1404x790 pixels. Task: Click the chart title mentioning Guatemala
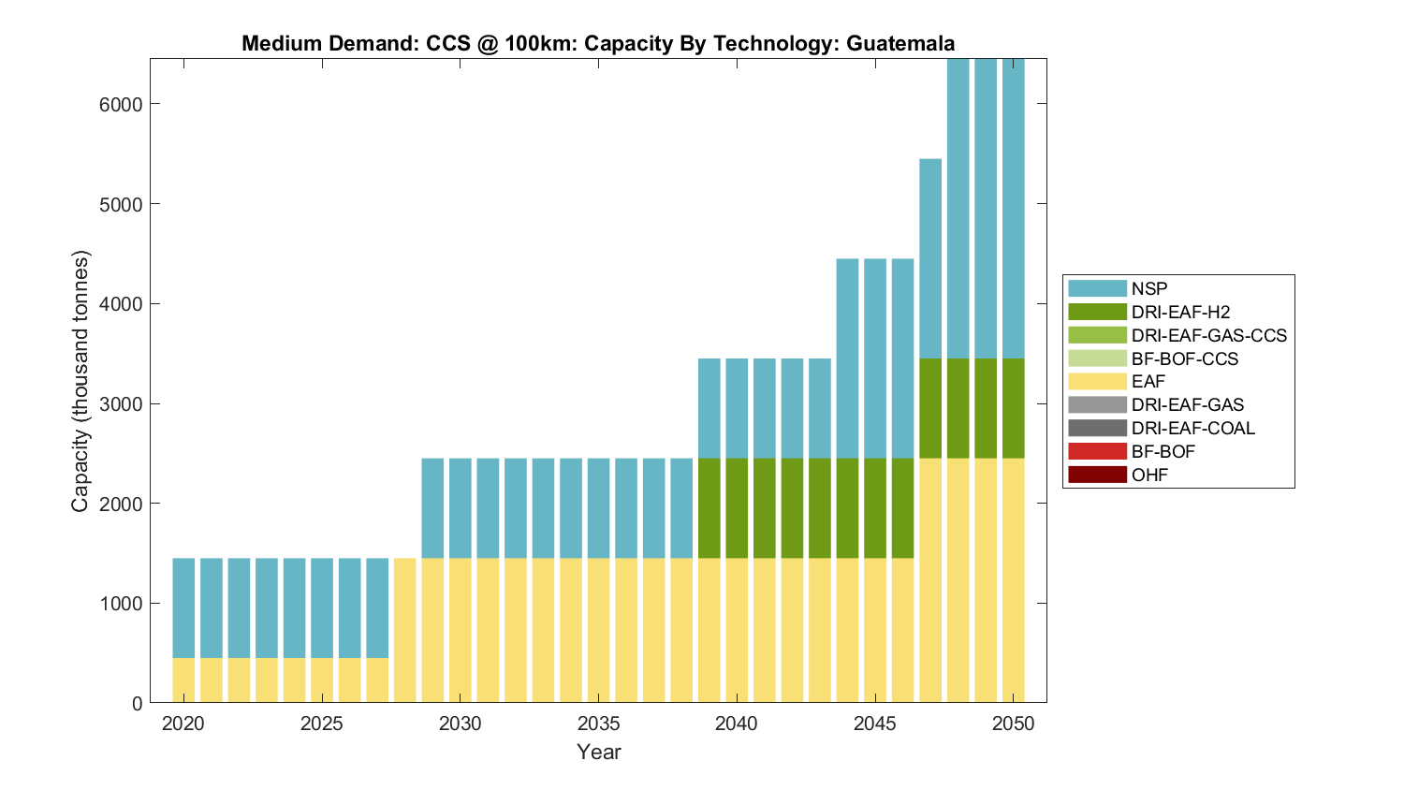pos(598,43)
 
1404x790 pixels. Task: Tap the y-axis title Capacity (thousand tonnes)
pos(80,381)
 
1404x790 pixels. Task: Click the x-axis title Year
pos(598,752)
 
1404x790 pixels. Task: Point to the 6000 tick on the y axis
pos(121,104)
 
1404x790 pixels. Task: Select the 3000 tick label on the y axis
pos(121,404)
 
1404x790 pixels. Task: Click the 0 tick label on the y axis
pos(137,704)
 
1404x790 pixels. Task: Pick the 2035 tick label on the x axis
pos(598,724)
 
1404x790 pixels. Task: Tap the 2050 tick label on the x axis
pos(1014,724)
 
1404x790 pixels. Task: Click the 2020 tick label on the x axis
pos(183,724)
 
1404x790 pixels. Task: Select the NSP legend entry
pos(1149,288)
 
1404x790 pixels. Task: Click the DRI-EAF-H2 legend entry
pos(1180,312)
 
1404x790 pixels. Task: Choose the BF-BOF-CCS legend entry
pos(1184,358)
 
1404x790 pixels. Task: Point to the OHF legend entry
pos(1149,475)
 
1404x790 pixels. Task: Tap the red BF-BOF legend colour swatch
pos(1097,451)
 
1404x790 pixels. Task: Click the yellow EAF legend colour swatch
pos(1097,382)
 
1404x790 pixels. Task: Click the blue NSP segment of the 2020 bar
pos(183,608)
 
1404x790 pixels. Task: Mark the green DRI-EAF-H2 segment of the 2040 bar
pos(737,508)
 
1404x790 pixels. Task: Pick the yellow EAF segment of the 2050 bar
pos(1014,580)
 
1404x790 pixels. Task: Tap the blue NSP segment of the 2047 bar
pos(930,258)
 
